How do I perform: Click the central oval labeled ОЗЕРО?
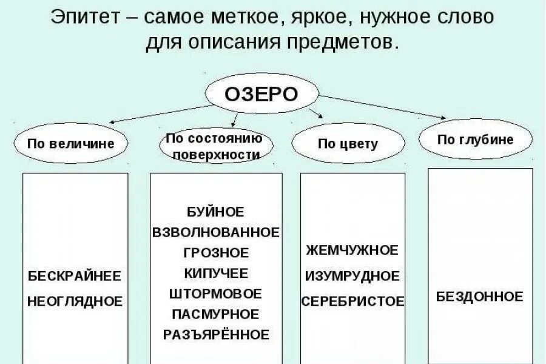pos(261,94)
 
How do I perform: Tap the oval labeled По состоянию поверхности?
pos(217,146)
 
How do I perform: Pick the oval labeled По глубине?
pos(476,140)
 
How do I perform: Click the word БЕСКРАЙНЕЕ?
pos(75,276)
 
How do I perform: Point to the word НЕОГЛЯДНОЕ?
pos(75,300)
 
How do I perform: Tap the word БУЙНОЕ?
pos(216,212)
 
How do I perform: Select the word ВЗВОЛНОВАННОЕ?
pos(216,232)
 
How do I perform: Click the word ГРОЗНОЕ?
pos(216,252)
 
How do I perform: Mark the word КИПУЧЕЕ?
pos(216,273)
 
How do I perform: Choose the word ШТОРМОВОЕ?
pos(216,294)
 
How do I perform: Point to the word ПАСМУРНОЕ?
pos(216,314)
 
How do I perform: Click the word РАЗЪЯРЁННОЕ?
pos(216,334)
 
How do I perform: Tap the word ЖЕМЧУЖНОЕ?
pos(352,250)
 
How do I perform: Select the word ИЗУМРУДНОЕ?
pos(352,276)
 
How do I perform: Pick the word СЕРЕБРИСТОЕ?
pos(352,301)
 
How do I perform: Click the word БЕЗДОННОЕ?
pos(479,297)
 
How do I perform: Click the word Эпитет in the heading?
pos(84,16)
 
